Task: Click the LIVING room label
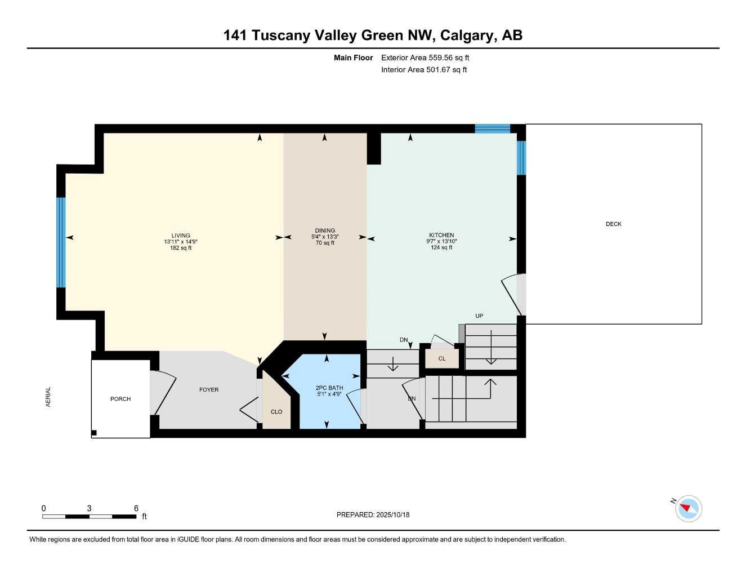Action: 181,236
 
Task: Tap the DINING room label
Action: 325,230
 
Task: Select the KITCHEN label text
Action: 441,235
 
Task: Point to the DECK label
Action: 613,224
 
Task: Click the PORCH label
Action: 120,399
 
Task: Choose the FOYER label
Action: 209,390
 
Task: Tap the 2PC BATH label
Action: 329,388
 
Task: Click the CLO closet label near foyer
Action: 276,412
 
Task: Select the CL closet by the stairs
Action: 442,359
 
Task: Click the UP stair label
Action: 479,316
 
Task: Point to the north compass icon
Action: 687,509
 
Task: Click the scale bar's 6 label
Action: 136,508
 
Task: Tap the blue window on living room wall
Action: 61,242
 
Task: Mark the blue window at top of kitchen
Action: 492,128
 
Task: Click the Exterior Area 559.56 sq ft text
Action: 425,57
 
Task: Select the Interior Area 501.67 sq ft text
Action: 424,70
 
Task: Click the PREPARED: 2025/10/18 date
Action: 373,515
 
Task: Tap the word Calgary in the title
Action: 466,35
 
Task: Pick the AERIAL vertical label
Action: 48,397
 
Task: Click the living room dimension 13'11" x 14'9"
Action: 181,242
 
